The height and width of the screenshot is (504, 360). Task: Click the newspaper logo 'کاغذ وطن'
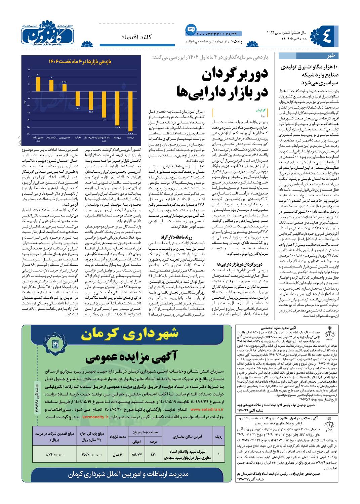pyautogui.click(x=48, y=34)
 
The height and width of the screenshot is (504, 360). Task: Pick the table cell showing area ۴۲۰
pyautogui.click(x=153, y=454)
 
